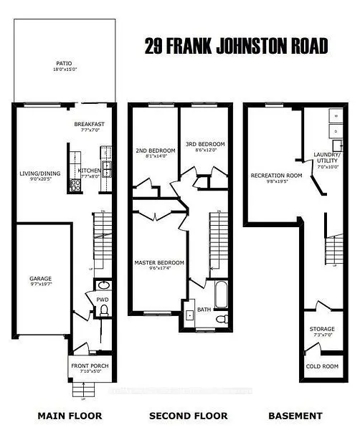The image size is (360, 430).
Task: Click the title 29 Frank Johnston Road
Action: point(236,47)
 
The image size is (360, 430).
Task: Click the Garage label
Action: point(42,281)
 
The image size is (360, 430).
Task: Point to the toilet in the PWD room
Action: point(103,310)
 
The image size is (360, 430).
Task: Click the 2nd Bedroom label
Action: point(151,153)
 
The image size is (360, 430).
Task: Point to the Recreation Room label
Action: point(275,177)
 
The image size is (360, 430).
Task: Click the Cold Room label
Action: point(322,367)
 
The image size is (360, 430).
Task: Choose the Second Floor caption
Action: point(188,416)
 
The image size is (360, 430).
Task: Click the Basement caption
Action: point(294,416)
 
